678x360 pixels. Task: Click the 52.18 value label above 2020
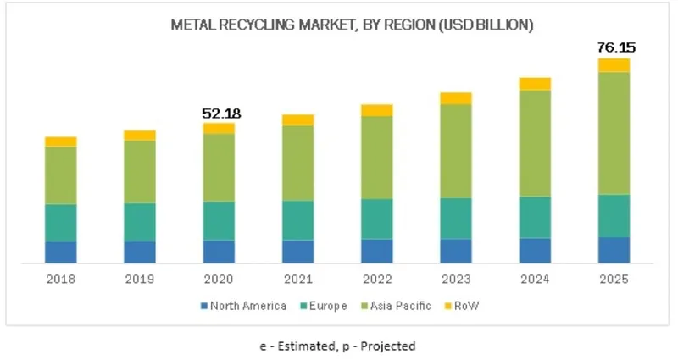point(218,113)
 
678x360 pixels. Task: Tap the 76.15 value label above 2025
point(614,47)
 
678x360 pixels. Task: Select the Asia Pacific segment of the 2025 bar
point(614,133)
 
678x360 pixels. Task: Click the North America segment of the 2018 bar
point(60,252)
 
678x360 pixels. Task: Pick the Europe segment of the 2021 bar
point(297,220)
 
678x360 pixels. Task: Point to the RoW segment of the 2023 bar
point(456,98)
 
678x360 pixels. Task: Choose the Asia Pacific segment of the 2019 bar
point(140,171)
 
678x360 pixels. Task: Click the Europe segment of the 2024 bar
point(535,217)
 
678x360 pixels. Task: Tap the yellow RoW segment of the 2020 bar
point(219,128)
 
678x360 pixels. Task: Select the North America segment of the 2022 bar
point(377,251)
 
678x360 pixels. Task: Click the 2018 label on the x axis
point(60,279)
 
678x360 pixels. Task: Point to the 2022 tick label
point(377,279)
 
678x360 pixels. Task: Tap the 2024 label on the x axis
point(535,279)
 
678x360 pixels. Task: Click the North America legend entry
point(243,305)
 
